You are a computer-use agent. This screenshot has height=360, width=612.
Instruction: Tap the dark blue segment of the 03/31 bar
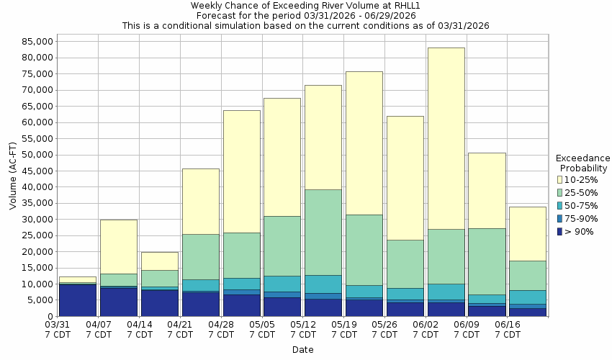click(77, 300)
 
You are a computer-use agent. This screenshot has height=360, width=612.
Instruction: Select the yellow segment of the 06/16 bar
click(528, 233)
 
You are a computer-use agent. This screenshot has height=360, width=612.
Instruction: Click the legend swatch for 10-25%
click(559, 179)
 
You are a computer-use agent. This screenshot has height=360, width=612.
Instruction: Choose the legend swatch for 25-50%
click(559, 192)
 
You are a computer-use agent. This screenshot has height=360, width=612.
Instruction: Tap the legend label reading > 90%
click(580, 231)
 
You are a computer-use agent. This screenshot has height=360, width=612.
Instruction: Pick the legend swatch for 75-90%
click(559, 218)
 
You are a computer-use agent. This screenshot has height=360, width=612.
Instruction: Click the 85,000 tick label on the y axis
click(36, 41)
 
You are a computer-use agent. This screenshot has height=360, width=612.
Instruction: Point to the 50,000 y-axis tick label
click(36, 155)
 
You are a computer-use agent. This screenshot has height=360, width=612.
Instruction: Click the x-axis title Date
click(302, 350)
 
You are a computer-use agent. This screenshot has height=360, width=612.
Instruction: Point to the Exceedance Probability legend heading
click(582, 163)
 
